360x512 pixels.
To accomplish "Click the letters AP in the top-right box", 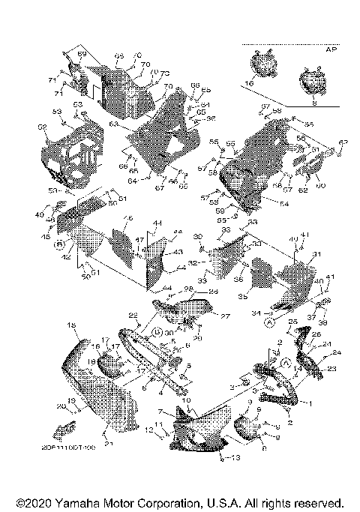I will pyautogui.click(x=330, y=49).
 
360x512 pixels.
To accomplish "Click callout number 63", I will pyautogui.click(x=114, y=124).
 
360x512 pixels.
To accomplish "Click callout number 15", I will pyautogui.click(x=72, y=325).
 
